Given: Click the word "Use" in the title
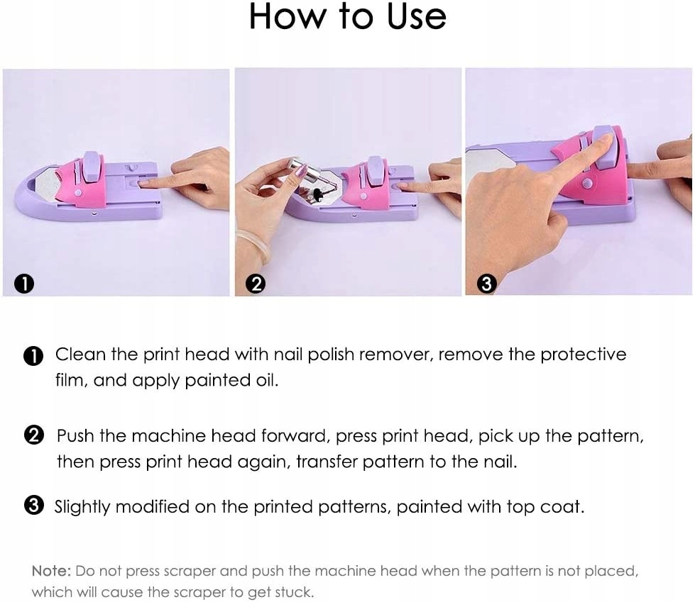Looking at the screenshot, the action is tap(416, 17).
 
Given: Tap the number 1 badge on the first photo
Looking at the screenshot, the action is tap(24, 284).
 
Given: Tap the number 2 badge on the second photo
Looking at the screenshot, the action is tap(256, 284).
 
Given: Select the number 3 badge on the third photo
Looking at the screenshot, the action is tap(486, 284).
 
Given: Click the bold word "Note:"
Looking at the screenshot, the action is tap(51, 571).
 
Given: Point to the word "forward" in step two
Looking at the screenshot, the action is tap(295, 436).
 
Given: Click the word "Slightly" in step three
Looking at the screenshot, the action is tap(82, 507).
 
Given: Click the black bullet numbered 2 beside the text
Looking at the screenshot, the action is tap(33, 435).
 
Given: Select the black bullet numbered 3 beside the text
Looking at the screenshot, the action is tap(33, 506).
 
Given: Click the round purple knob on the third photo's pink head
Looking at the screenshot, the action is tap(587, 183).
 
